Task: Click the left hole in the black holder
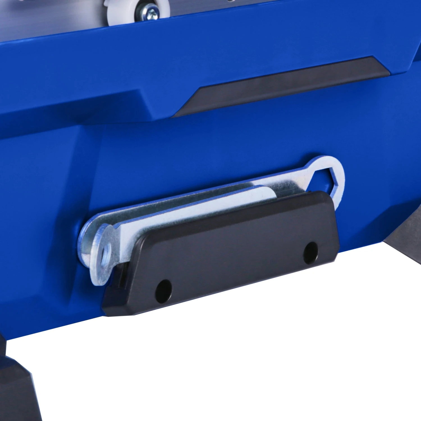163,291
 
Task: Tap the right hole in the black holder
311,252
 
